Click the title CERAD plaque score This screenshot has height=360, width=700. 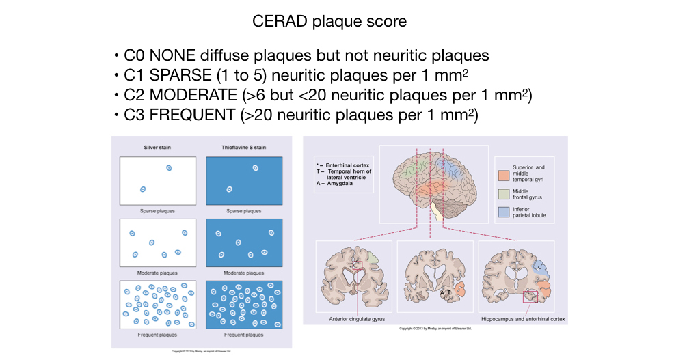(329, 21)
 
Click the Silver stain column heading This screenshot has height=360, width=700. (157, 147)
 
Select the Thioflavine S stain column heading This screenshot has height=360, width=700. (243, 147)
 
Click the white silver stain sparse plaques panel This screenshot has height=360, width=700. (157, 180)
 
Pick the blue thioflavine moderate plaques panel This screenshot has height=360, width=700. (244, 243)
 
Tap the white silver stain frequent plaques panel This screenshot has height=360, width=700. (157, 305)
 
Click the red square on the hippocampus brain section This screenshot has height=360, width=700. (530, 296)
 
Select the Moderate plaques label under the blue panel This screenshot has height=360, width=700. (244, 273)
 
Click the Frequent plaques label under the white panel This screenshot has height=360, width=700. (157, 335)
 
